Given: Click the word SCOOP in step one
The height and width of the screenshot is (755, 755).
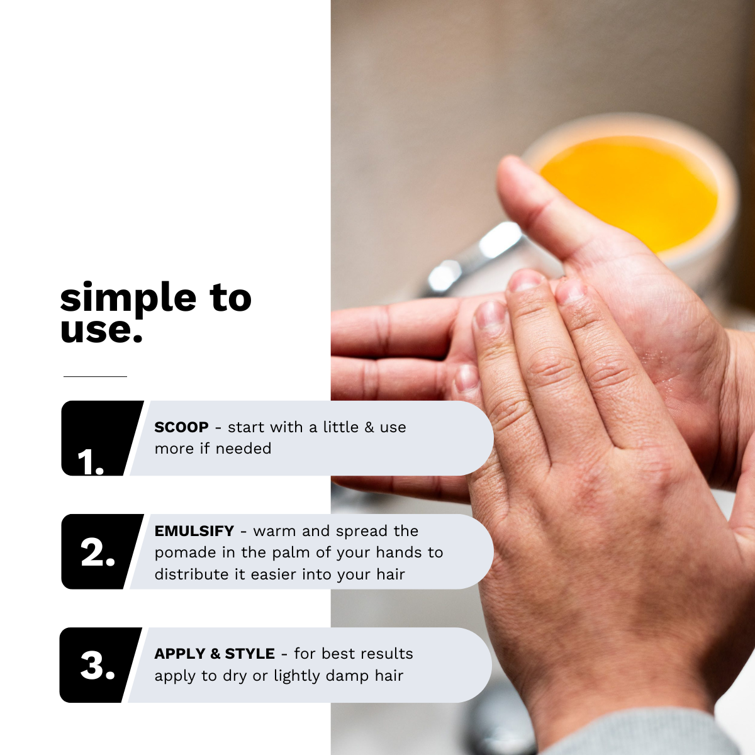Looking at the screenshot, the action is click(x=181, y=427).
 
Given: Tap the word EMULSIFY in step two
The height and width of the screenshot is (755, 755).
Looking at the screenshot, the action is click(x=194, y=531).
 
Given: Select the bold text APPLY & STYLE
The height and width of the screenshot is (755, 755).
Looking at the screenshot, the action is click(x=215, y=654).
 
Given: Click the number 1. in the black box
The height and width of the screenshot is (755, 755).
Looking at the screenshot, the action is click(x=91, y=462).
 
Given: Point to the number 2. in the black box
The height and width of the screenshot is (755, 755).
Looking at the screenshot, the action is click(x=98, y=552).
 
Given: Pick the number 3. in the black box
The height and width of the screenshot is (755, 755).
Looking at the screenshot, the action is click(x=98, y=666).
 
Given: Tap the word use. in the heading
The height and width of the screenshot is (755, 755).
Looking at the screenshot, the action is click(x=101, y=331).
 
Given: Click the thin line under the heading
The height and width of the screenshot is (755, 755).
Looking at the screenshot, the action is click(x=95, y=376).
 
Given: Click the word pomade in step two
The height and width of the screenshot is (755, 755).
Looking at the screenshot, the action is click(x=186, y=553).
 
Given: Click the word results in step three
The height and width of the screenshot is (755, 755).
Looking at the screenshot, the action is click(x=387, y=654).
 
